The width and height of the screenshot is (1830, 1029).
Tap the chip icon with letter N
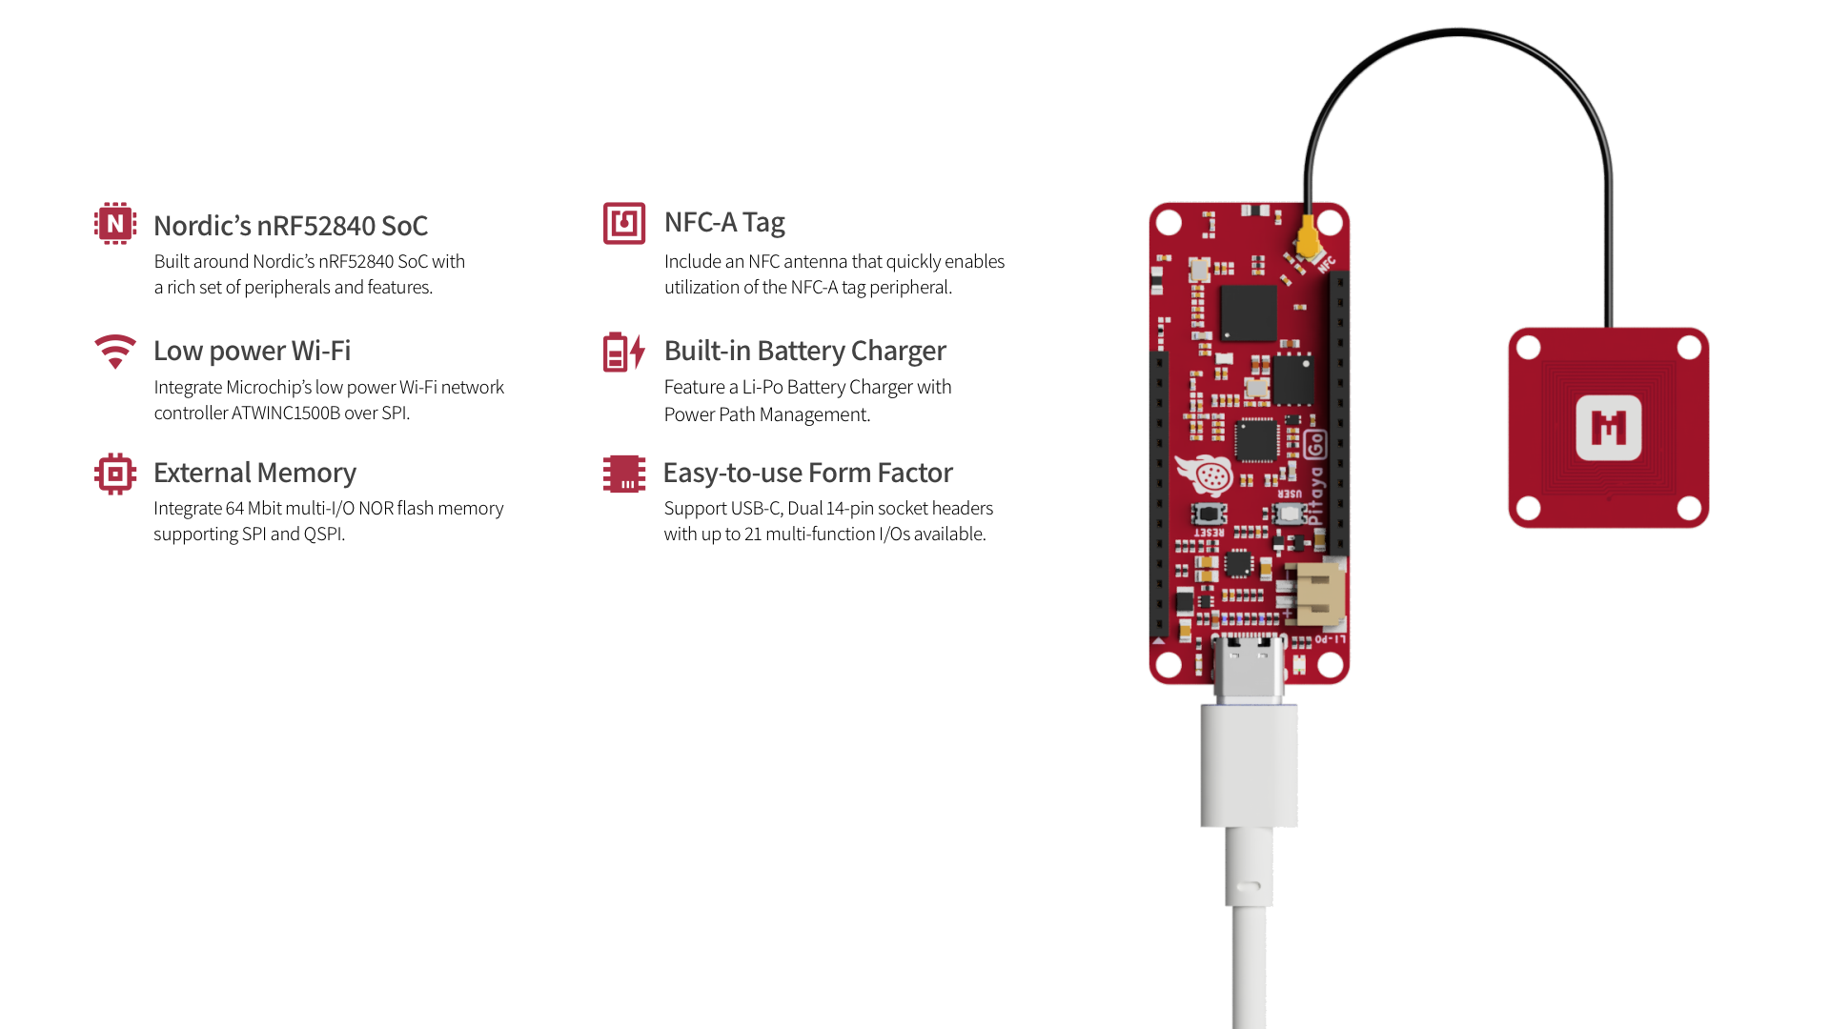[x=115, y=224]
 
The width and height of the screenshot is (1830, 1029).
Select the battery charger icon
[x=624, y=352]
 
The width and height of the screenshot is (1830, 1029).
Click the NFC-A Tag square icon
[x=624, y=224]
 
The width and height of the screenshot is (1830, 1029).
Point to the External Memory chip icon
[x=115, y=474]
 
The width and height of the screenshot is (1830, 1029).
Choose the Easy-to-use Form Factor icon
[x=624, y=474]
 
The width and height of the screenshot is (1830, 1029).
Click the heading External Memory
[x=254, y=474]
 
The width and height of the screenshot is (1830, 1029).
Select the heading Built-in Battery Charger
[x=804, y=352]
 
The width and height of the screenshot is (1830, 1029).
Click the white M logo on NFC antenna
[x=1608, y=428]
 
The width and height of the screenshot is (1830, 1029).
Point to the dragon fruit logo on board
[x=1206, y=475]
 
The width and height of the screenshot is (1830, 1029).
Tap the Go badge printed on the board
[x=1315, y=444]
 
